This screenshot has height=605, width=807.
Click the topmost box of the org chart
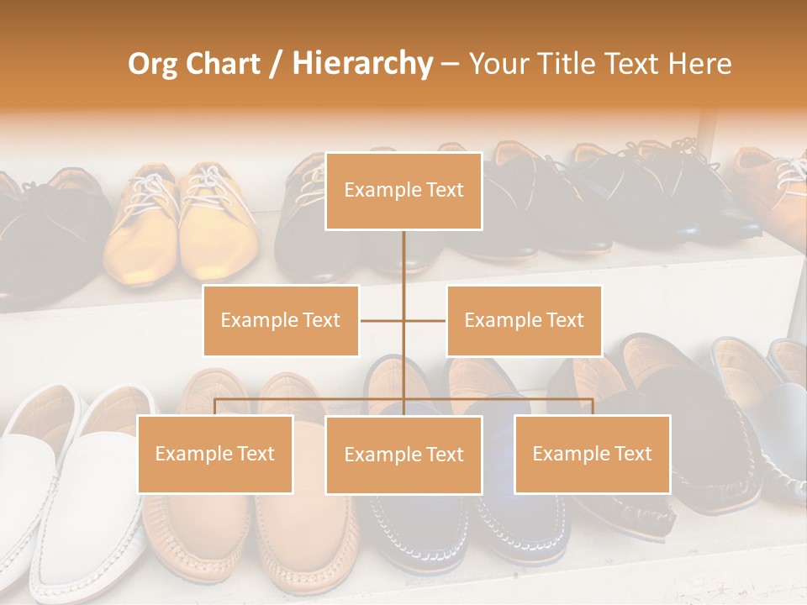403,191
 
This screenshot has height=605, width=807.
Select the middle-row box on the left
281,320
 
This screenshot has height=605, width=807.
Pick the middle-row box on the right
524,320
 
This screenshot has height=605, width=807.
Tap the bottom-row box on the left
215,454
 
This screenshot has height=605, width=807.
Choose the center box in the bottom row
403,455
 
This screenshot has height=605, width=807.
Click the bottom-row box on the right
592,454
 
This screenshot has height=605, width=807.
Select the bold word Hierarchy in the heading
361,64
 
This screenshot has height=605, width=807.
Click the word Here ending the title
699,64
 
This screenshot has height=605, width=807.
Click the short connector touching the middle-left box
381,320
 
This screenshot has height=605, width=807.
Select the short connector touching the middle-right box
425,320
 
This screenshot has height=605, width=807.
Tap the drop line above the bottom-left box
214,407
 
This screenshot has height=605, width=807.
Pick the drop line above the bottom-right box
593,407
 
